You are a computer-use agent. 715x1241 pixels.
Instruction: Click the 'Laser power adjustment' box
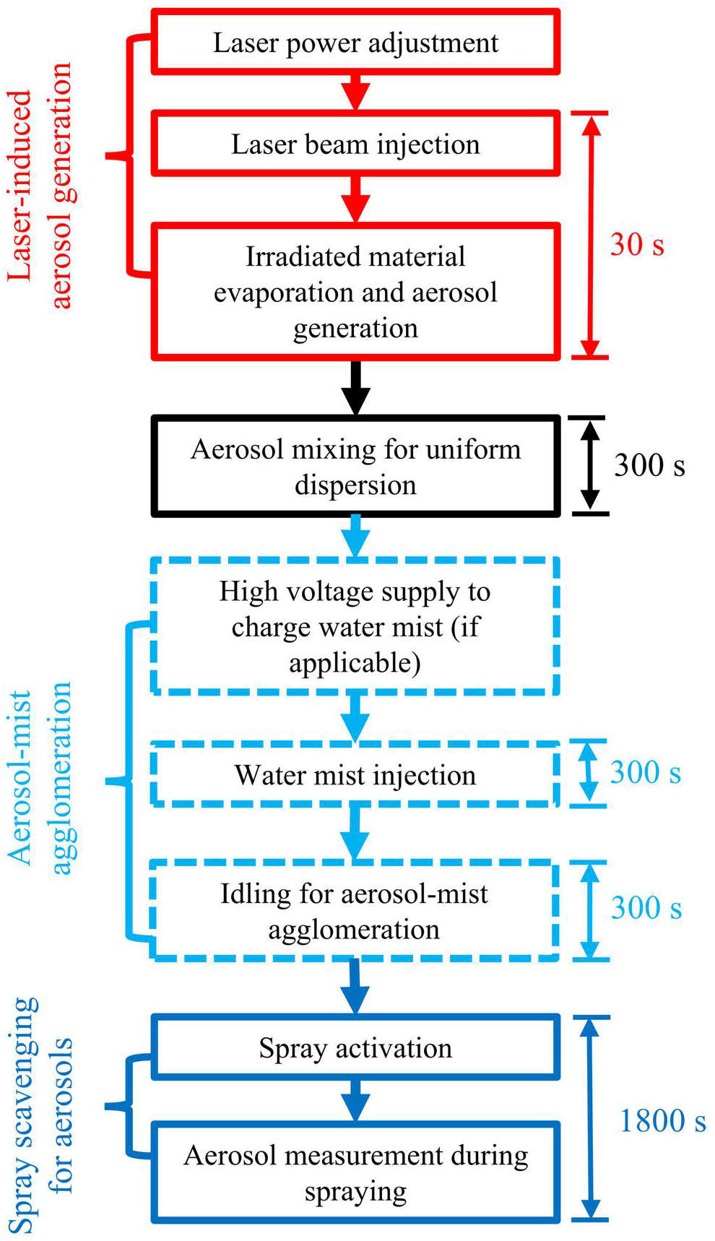coord(355,42)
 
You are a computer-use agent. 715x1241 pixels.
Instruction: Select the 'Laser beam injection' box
coord(355,143)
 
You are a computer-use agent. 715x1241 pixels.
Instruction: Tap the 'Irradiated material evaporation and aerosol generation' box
coord(355,291)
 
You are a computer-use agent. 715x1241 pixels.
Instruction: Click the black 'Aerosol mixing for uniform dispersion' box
coord(355,466)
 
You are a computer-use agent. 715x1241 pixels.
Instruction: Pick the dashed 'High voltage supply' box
coord(355,626)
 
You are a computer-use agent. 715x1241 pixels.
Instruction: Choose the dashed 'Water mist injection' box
coord(355,774)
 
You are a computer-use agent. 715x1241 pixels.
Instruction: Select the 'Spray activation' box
coord(355,1047)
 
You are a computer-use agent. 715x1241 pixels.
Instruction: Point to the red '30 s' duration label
coord(636,244)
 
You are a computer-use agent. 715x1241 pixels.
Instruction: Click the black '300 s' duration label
coord(649,464)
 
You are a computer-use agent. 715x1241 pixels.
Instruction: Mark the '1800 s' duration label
coord(662,1120)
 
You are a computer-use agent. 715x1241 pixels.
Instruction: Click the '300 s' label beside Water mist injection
coord(645,772)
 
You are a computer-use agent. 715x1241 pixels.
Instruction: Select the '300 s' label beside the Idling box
coord(646,907)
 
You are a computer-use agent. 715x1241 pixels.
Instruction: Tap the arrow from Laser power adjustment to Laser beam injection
coord(355,92)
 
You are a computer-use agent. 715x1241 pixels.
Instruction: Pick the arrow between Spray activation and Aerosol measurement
coord(355,1100)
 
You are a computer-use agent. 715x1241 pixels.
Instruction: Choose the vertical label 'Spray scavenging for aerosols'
coord(40,1116)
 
